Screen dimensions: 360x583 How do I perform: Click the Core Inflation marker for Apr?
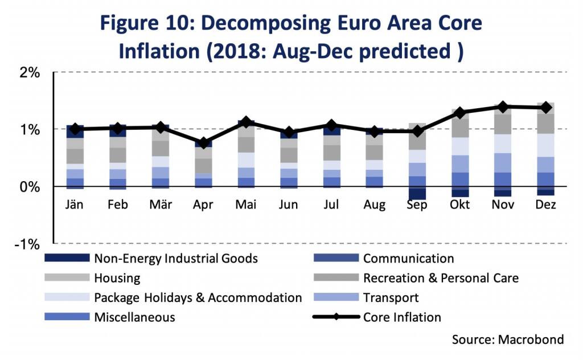204,142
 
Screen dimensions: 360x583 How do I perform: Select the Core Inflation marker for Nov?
503,107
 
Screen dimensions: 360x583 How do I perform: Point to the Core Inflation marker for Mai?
246,122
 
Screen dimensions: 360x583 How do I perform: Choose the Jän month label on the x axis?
75,204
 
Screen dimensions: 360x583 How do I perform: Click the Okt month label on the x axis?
460,204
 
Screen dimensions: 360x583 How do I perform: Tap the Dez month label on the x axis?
545,204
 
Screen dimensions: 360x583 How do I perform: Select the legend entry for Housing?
117,278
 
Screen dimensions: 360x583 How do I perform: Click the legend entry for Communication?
408,259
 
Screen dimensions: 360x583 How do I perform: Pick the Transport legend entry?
391,297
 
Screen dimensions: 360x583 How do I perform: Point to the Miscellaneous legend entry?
134,317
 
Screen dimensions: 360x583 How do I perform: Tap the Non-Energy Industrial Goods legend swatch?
67,259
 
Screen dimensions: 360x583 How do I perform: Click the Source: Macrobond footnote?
508,340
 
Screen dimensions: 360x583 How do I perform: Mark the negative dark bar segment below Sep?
417,193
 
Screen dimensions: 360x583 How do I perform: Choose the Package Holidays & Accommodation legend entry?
198,297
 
